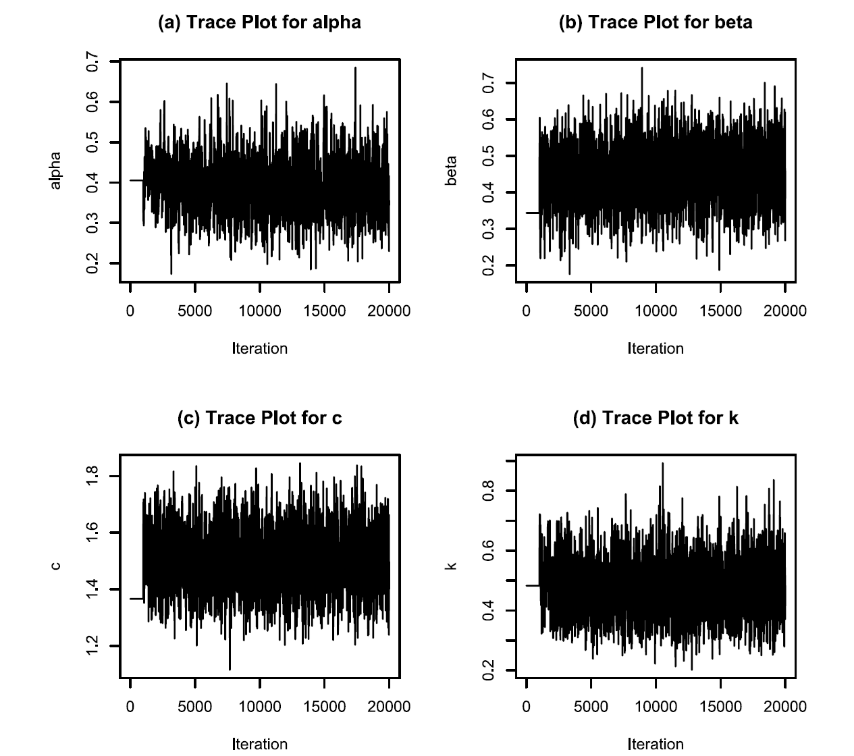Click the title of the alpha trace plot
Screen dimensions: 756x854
coord(259,22)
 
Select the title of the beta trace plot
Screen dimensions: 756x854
coord(656,22)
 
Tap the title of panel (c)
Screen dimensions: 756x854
coord(259,418)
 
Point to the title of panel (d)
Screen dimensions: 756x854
coord(656,418)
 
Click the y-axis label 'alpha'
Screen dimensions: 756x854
coord(55,170)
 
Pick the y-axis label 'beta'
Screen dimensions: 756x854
coord(452,171)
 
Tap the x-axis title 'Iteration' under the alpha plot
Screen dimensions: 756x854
coord(259,348)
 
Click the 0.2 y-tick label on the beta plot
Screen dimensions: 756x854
coord(489,265)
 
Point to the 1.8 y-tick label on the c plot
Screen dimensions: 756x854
coord(93,476)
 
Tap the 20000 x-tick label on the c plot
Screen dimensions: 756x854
coord(389,706)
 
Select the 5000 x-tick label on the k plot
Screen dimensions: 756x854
coord(591,706)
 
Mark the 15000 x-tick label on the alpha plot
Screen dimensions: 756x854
coord(324,310)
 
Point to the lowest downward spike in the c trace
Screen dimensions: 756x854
coord(230,668)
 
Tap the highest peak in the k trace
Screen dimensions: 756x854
coord(662,464)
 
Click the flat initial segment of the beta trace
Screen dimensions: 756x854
coord(532,213)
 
